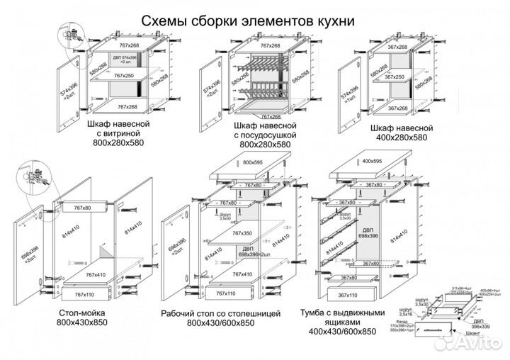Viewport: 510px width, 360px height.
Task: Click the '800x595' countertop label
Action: click(x=253, y=162)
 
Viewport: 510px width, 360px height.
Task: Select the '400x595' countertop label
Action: click(x=373, y=162)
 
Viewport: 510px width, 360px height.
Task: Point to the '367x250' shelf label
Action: click(x=395, y=77)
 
